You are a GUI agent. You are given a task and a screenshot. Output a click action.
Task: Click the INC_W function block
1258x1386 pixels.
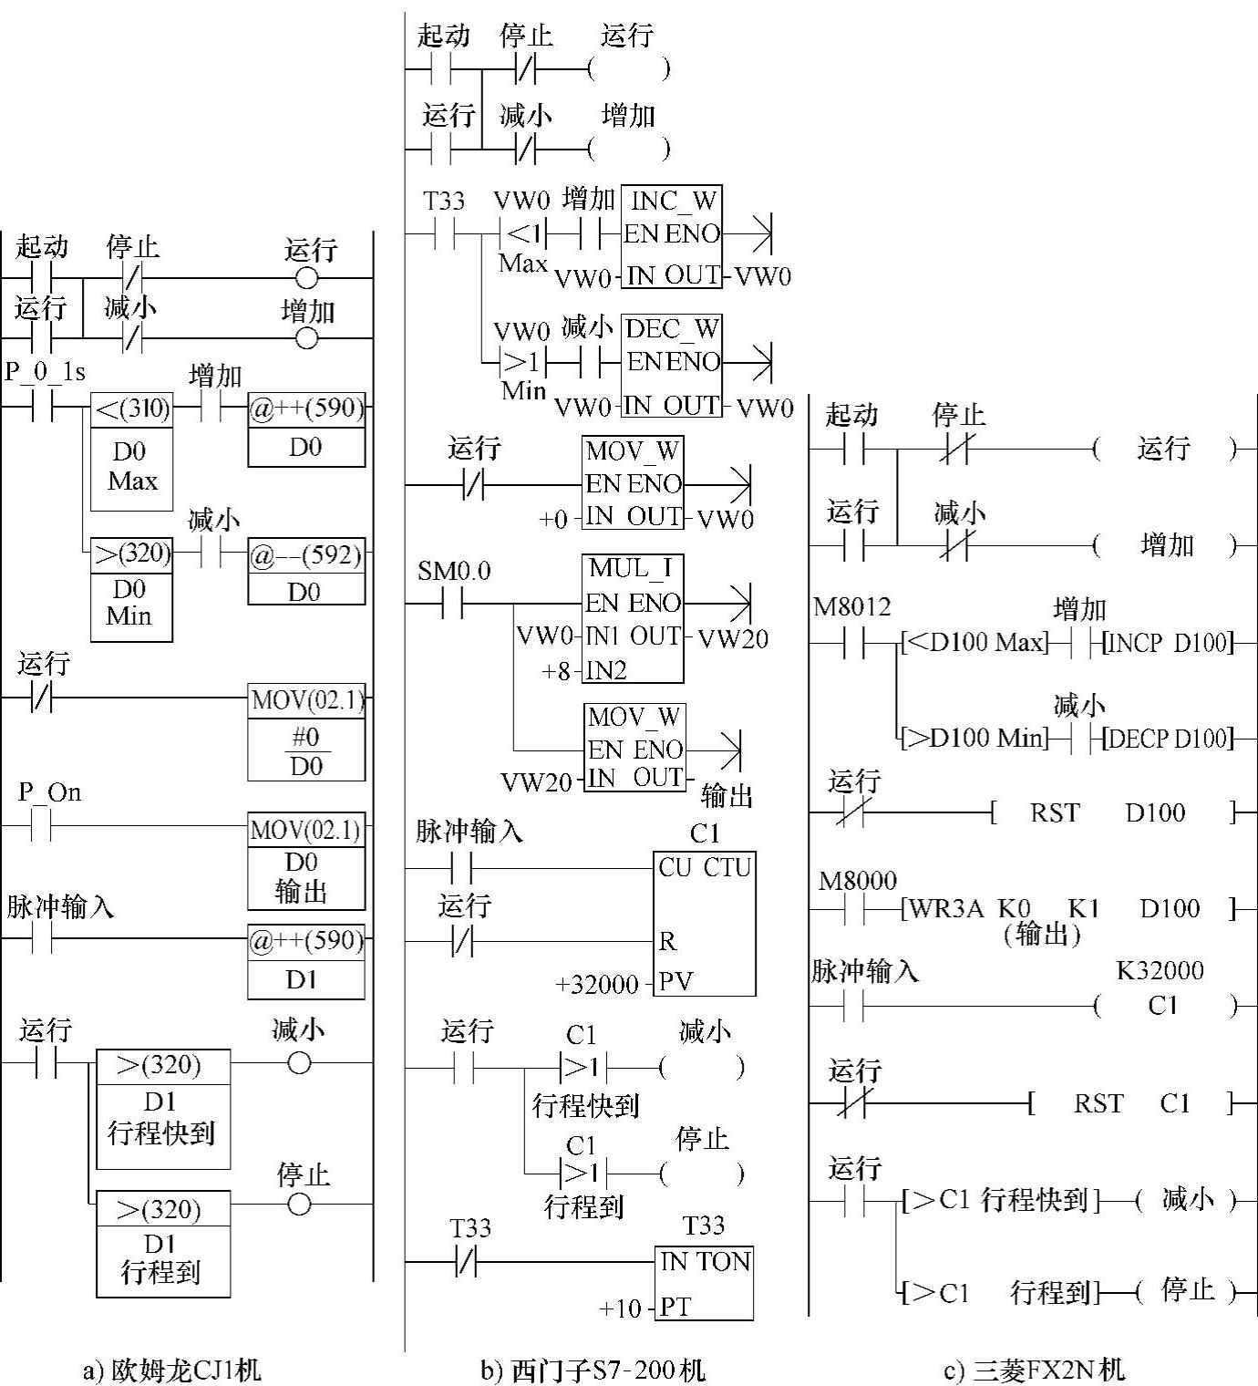point(671,236)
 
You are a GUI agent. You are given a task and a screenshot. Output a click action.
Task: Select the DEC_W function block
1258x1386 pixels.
point(673,365)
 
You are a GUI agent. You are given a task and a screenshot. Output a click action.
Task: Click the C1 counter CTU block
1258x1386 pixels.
point(704,923)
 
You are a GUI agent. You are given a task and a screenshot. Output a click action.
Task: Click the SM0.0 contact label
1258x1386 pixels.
point(454,572)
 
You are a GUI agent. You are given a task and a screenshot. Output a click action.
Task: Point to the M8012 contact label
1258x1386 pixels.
point(851,606)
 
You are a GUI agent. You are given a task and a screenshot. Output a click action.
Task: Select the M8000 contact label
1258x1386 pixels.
point(857,880)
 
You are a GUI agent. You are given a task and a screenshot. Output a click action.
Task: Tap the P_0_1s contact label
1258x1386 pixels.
point(45,372)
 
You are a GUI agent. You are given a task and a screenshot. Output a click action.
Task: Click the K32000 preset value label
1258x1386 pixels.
point(1160,970)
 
